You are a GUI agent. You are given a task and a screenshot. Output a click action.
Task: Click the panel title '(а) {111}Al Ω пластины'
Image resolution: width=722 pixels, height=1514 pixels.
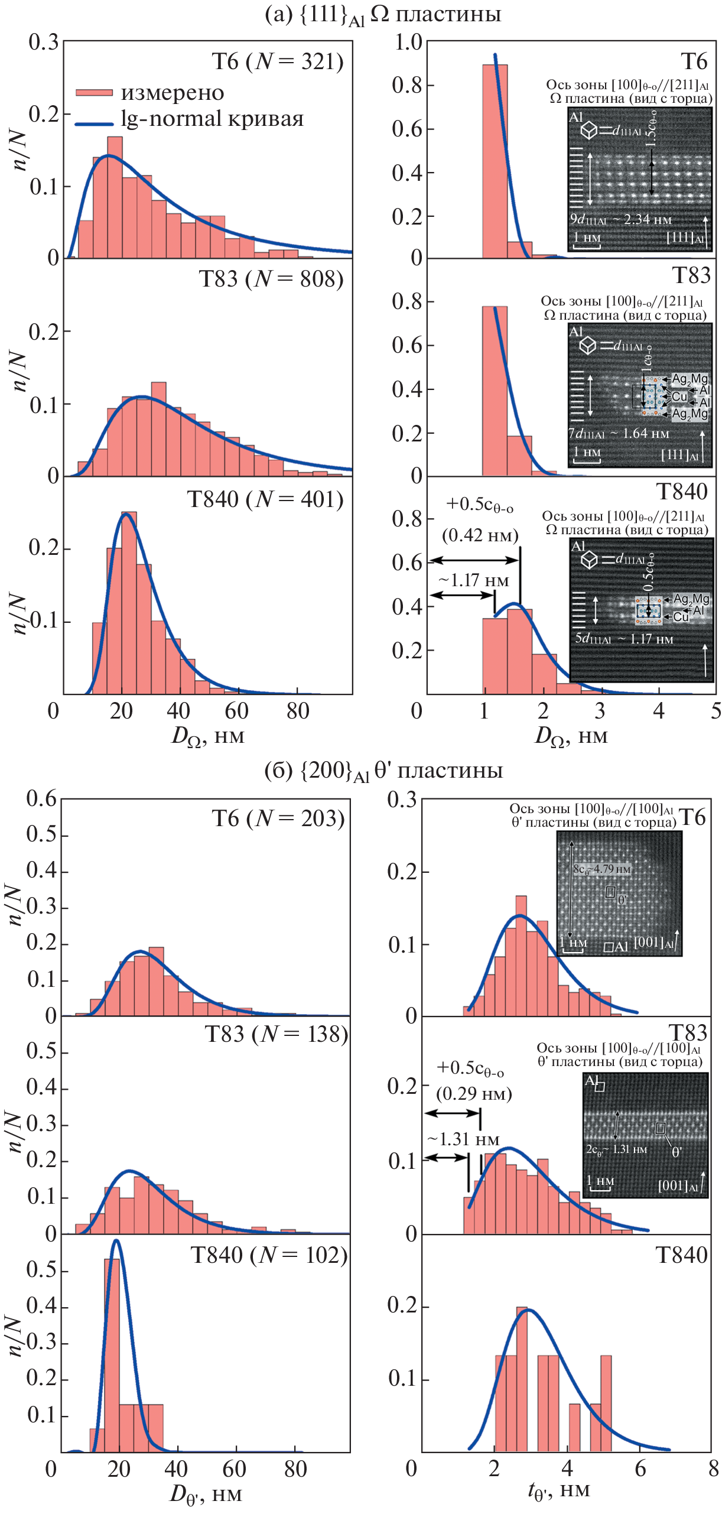click(x=383, y=14)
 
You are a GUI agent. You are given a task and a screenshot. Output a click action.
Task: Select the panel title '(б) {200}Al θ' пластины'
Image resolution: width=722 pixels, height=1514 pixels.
click(x=383, y=771)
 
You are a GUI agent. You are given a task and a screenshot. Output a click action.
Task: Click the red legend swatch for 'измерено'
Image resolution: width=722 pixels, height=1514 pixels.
click(x=94, y=93)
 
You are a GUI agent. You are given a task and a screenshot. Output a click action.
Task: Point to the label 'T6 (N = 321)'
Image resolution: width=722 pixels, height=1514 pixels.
click(x=278, y=61)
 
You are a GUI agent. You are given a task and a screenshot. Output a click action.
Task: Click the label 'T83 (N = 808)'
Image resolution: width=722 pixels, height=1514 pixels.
click(x=271, y=279)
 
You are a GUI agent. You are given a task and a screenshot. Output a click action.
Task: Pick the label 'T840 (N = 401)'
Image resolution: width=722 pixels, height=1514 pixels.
click(x=265, y=499)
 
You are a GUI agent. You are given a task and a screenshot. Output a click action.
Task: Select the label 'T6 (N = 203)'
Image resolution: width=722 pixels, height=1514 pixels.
click(x=278, y=818)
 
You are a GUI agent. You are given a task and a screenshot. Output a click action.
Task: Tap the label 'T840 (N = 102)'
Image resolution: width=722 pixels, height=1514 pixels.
click(x=269, y=1256)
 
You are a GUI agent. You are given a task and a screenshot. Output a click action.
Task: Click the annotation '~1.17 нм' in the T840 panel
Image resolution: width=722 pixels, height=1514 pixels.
click(x=474, y=580)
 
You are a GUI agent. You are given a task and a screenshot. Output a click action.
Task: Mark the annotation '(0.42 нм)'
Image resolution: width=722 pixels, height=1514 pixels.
click(x=480, y=535)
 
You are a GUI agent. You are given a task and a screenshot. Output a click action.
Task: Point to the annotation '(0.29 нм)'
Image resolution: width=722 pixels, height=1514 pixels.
click(x=474, y=1094)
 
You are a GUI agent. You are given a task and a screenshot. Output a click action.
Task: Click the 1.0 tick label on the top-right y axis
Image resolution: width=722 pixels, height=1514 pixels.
click(x=408, y=43)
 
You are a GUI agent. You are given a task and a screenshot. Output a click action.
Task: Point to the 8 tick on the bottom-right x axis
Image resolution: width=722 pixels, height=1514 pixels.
click(x=713, y=1468)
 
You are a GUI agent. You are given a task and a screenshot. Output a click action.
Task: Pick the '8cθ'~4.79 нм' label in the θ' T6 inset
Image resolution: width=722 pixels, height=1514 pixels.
click(x=602, y=869)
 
